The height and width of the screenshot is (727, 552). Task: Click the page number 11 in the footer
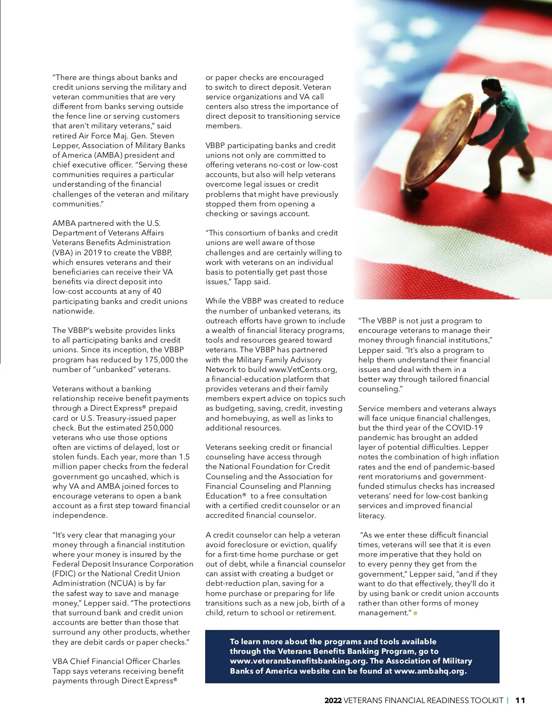point(520,700)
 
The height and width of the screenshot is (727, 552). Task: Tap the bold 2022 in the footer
point(333,700)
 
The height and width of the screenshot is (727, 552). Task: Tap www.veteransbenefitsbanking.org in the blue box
point(298,661)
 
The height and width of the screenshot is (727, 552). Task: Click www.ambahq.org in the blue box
point(430,671)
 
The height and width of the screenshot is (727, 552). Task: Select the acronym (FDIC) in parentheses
point(63,573)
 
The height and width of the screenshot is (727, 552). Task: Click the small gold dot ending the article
point(415,613)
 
